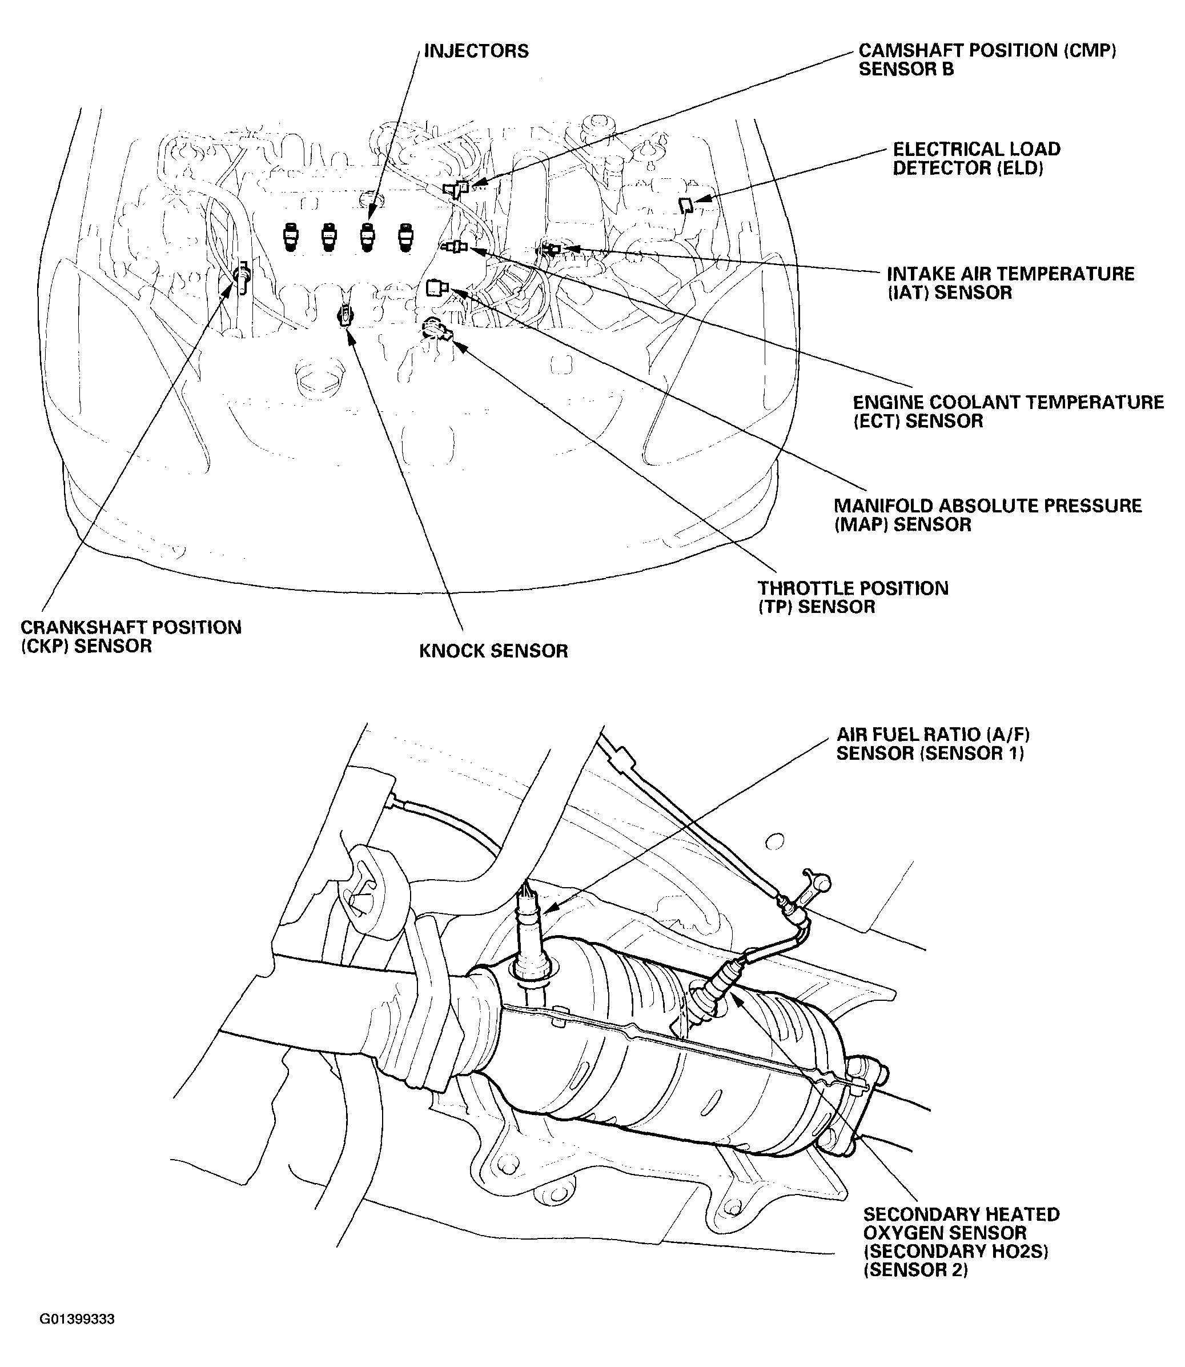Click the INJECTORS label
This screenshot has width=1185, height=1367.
[x=476, y=51]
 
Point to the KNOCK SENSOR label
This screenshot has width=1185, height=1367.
[x=493, y=651]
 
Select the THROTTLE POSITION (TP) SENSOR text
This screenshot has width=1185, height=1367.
[x=853, y=597]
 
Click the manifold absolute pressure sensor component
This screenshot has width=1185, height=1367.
[x=437, y=288]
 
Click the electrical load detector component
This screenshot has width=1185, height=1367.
[x=686, y=205]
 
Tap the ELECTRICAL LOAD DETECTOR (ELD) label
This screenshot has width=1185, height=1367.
[x=976, y=159]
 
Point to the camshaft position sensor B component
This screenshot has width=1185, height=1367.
[x=456, y=189]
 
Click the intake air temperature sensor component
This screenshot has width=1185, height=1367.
[x=551, y=249]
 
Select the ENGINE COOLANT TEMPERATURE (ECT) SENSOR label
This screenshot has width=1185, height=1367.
[x=1007, y=411]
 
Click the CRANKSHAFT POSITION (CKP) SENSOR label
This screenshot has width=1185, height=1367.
[x=130, y=636]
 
